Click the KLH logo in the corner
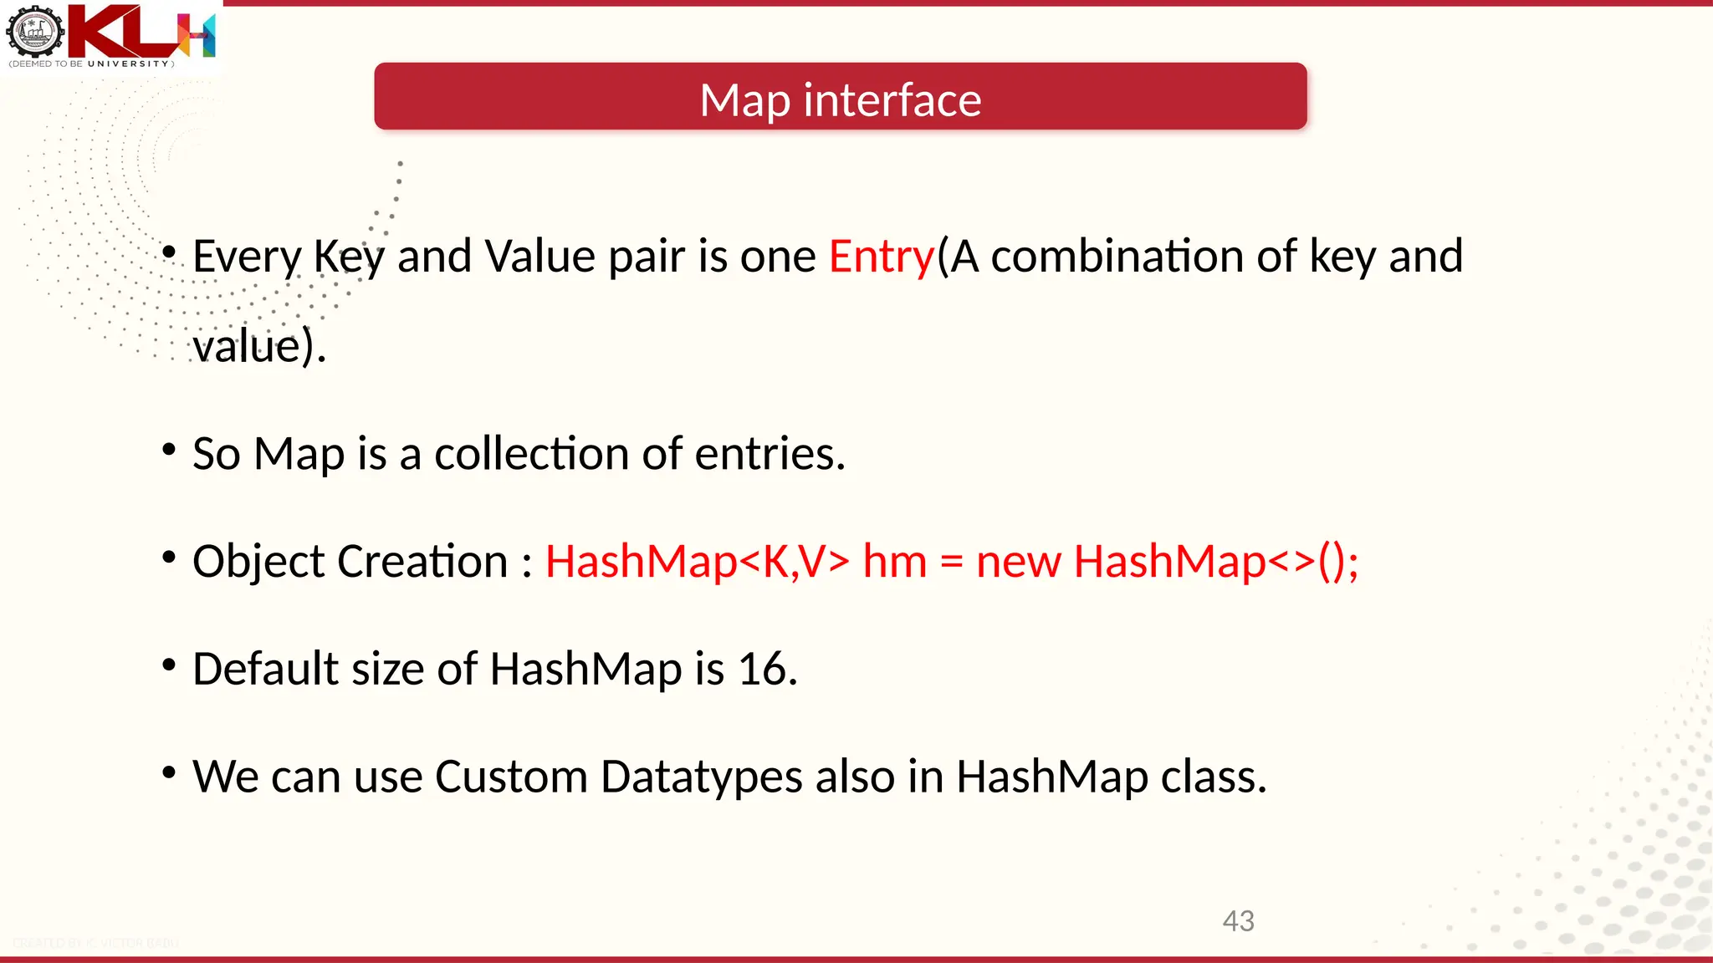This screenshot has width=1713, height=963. click(111, 35)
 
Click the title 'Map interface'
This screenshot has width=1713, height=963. click(840, 100)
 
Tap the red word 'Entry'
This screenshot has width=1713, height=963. click(881, 256)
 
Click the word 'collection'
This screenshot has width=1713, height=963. click(531, 454)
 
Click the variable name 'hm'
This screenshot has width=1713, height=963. click(894, 561)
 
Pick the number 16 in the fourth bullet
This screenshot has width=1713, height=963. click(766, 669)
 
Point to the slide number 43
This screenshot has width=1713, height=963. click(1238, 921)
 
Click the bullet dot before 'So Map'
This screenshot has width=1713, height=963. click(169, 449)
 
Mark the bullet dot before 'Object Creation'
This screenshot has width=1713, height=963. click(169, 557)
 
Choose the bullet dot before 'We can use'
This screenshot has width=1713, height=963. click(169, 772)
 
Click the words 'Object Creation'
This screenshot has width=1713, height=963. click(350, 561)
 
